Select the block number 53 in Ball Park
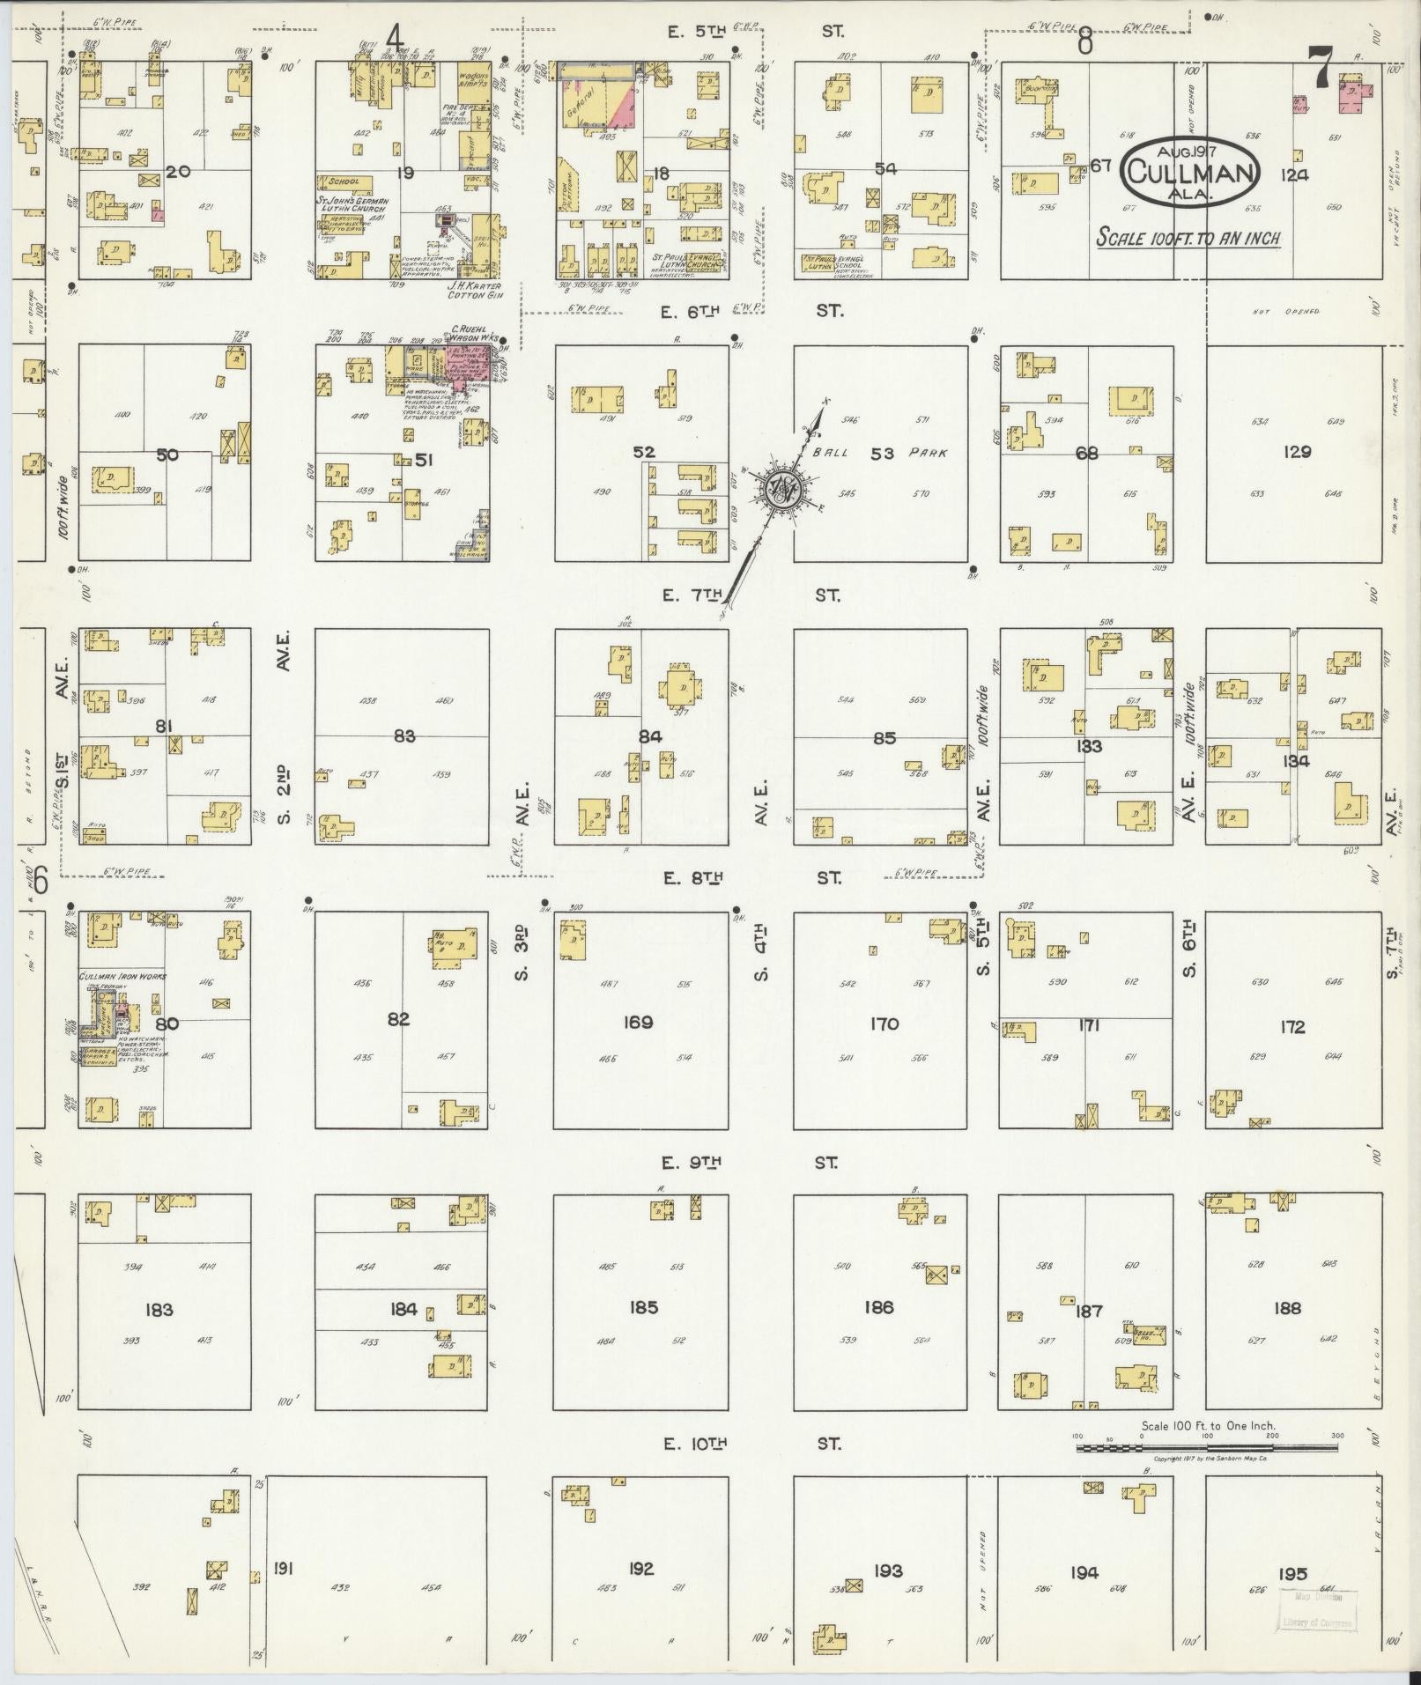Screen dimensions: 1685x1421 click(882, 454)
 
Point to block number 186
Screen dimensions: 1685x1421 click(878, 1307)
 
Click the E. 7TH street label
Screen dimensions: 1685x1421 click(693, 596)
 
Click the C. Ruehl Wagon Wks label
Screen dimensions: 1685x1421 click(476, 333)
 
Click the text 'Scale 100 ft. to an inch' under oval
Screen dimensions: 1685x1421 click(1188, 238)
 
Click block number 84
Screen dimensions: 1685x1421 click(650, 736)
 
